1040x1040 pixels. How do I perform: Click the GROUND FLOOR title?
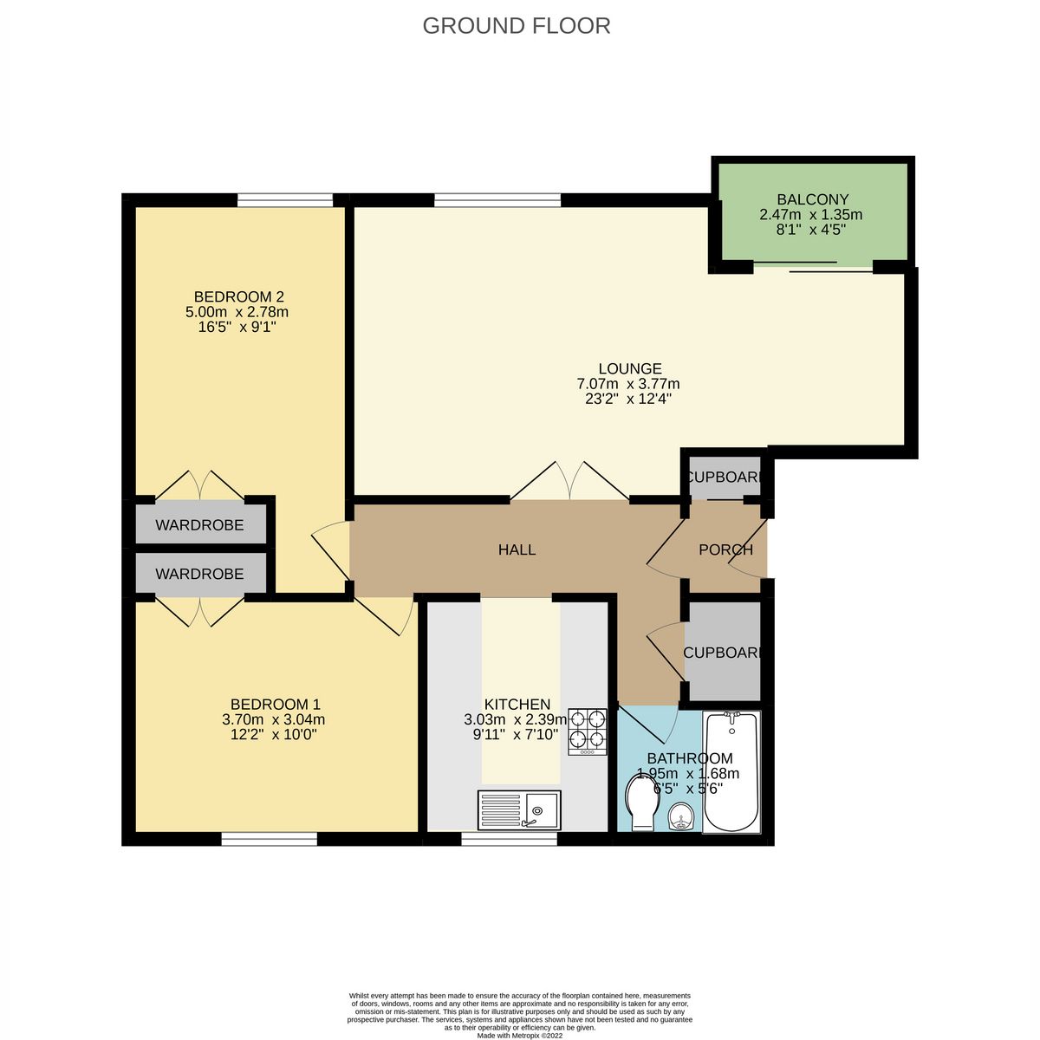click(517, 26)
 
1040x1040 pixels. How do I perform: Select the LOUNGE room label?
click(629, 368)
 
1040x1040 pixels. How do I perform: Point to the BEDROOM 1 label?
click(275, 704)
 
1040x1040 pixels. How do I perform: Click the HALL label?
click(517, 549)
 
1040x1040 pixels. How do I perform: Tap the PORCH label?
click(725, 549)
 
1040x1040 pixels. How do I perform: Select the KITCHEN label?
click(517, 704)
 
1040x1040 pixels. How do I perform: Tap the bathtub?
click(731, 771)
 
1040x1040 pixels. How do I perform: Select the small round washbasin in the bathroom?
click(682, 816)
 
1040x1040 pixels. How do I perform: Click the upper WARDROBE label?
click(199, 525)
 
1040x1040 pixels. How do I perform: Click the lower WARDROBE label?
click(199, 574)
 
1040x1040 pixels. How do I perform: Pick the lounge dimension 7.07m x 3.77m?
click(629, 384)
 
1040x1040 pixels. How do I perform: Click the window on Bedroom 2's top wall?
click(285, 201)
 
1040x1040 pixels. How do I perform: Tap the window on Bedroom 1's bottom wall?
click(269, 838)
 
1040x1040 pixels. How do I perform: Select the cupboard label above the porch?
click(725, 478)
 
